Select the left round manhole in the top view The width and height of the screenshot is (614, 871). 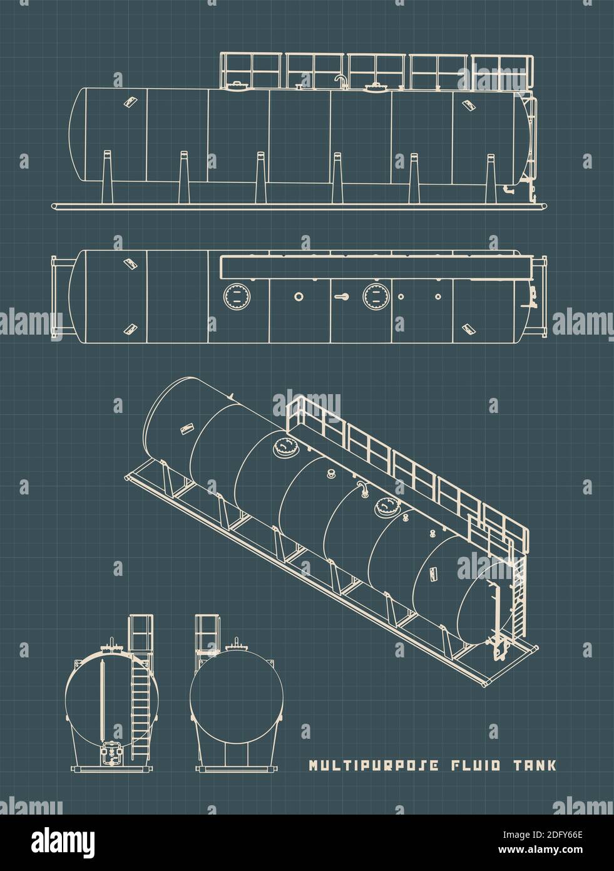pyautogui.click(x=235, y=295)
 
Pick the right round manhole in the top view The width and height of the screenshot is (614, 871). pyautogui.click(x=374, y=295)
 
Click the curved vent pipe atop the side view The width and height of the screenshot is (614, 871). pyautogui.click(x=340, y=80)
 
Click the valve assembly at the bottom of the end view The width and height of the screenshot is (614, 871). pyautogui.click(x=111, y=753)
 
